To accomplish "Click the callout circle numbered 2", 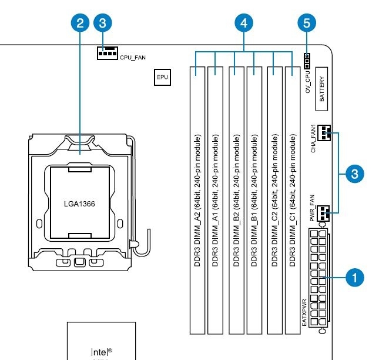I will pyautogui.click(x=81, y=23).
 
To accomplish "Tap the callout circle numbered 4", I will pyautogui.click(x=244, y=23).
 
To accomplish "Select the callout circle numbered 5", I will pyautogui.click(x=307, y=23).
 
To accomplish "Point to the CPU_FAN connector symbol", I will pyautogui.click(x=107, y=54).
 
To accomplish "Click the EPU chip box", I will pyautogui.click(x=162, y=77).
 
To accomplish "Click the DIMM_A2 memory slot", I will pyautogui.click(x=197, y=200).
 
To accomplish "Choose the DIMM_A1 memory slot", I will pyautogui.click(x=216, y=200).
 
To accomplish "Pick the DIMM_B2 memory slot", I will pyautogui.click(x=236, y=200).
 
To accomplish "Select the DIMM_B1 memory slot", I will pyautogui.click(x=254, y=200).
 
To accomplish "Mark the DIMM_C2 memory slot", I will pyautogui.click(x=274, y=200).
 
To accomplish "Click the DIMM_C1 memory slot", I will pyautogui.click(x=292, y=200).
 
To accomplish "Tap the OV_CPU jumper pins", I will pyautogui.click(x=307, y=59).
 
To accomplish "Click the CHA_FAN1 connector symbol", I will pyautogui.click(x=324, y=133).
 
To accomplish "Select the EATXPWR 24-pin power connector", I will pyautogui.click(x=318, y=279).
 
